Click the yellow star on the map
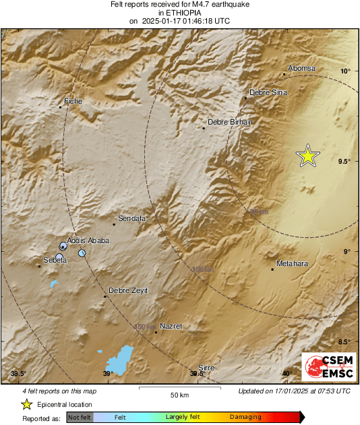[308, 156]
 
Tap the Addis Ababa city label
[88, 240]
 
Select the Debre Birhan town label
[230, 122]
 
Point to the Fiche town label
[73, 101]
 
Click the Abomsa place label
[301, 68]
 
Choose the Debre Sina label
[268, 92]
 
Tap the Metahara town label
[292, 263]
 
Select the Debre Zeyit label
[128, 290]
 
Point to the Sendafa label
[132, 219]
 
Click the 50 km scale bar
[179, 389]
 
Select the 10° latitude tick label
[345, 71]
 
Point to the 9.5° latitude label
[344, 161]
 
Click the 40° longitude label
[287, 374]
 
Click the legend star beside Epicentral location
[26, 404]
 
